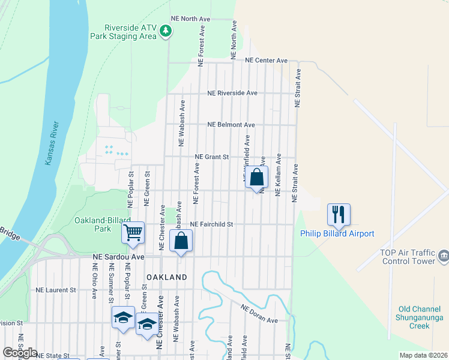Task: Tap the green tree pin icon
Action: [169, 31]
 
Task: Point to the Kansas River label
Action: [52, 143]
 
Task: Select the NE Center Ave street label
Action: [266, 61]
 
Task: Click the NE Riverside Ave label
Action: [232, 94]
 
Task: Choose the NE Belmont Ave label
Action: [231, 125]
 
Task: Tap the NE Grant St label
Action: [212, 157]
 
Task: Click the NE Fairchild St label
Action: [211, 224]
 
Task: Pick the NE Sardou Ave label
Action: [118, 256]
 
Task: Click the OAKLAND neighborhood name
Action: [167, 277]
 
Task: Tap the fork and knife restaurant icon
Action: [339, 214]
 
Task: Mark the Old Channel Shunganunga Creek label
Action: [420, 317]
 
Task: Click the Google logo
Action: [20, 353]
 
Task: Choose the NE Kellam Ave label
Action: [278, 175]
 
